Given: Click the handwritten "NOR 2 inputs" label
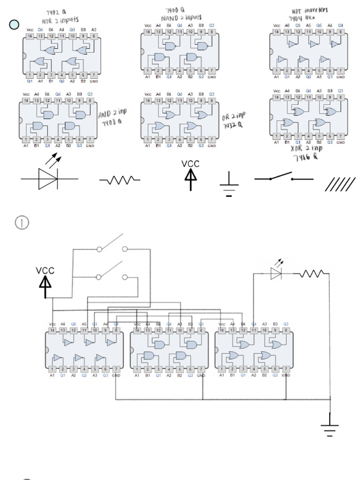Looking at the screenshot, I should (x=60, y=21).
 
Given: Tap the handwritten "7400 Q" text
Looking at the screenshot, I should (x=174, y=10).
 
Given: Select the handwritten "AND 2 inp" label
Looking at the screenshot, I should (x=112, y=114).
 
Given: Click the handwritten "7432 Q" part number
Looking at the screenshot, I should (x=232, y=125).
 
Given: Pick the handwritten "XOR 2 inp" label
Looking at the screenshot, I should (x=307, y=149).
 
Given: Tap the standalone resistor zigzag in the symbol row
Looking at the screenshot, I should (x=120, y=180).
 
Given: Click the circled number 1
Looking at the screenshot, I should (x=22, y=223).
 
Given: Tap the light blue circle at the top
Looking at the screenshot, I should (x=14, y=24).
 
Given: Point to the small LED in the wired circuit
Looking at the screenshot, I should (x=276, y=273).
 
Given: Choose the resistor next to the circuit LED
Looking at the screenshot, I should (x=312, y=273).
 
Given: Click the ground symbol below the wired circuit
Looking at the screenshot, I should (x=330, y=427).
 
